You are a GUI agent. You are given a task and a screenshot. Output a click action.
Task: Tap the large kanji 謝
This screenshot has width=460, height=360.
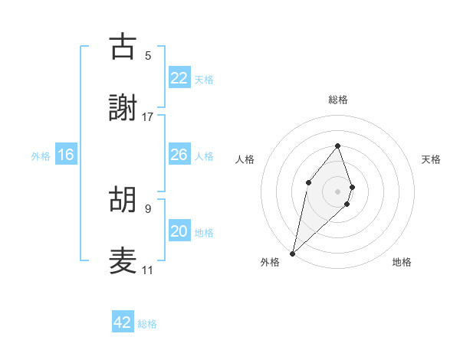(x=123, y=108)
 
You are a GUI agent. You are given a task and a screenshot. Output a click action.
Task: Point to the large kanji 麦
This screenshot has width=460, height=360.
(x=123, y=261)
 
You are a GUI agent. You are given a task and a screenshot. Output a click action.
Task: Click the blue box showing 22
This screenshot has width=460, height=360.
(x=179, y=77)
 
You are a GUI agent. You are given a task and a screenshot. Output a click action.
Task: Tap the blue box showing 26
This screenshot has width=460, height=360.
(x=179, y=155)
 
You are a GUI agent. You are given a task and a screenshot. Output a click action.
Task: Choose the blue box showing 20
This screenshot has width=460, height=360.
(x=179, y=231)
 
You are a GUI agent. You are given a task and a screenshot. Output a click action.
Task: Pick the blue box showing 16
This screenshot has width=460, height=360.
(x=66, y=155)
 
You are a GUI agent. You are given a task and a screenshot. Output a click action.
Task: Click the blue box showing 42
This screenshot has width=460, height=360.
(x=123, y=322)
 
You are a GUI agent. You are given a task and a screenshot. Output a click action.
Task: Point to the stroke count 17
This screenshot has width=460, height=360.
(x=148, y=117)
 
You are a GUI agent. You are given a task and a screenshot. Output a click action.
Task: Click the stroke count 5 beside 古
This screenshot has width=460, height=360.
(x=148, y=55)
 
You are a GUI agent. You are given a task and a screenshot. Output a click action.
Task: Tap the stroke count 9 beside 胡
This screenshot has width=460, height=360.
(x=148, y=208)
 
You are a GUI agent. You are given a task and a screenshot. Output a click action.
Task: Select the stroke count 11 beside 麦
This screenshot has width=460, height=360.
(x=148, y=270)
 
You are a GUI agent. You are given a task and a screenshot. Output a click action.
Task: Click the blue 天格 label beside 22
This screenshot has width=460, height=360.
(x=204, y=79)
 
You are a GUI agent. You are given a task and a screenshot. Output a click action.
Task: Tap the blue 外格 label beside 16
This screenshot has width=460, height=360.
(x=41, y=155)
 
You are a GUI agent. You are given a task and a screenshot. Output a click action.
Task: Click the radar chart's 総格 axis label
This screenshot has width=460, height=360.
(x=337, y=100)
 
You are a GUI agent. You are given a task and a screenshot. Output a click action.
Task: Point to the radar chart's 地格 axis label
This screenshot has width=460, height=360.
(x=402, y=262)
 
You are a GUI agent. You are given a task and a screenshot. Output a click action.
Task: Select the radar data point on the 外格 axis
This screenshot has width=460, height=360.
(x=292, y=253)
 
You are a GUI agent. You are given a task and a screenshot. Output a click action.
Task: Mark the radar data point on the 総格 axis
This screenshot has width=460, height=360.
(x=337, y=146)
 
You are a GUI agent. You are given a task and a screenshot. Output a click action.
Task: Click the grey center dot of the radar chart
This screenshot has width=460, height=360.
(x=337, y=191)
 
